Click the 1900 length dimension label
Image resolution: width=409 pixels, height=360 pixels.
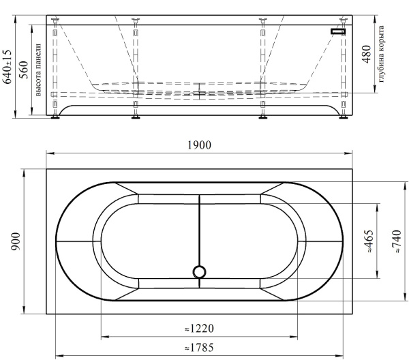coord(200,145)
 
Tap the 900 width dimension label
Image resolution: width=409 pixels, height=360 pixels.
coord(16,241)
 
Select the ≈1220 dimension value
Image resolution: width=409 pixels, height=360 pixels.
coord(199,329)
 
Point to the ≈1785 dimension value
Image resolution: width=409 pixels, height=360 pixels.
coord(199,348)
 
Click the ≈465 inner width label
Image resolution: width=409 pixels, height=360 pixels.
coord(369,241)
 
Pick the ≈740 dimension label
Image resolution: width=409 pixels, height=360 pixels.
coord(397,241)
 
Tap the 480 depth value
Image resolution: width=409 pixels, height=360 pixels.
coord(367,55)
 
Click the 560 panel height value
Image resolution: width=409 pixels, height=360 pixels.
coord(24,70)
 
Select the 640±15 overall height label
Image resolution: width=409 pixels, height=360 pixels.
coord(7,67)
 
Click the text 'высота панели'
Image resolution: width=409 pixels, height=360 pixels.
coord(38,70)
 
